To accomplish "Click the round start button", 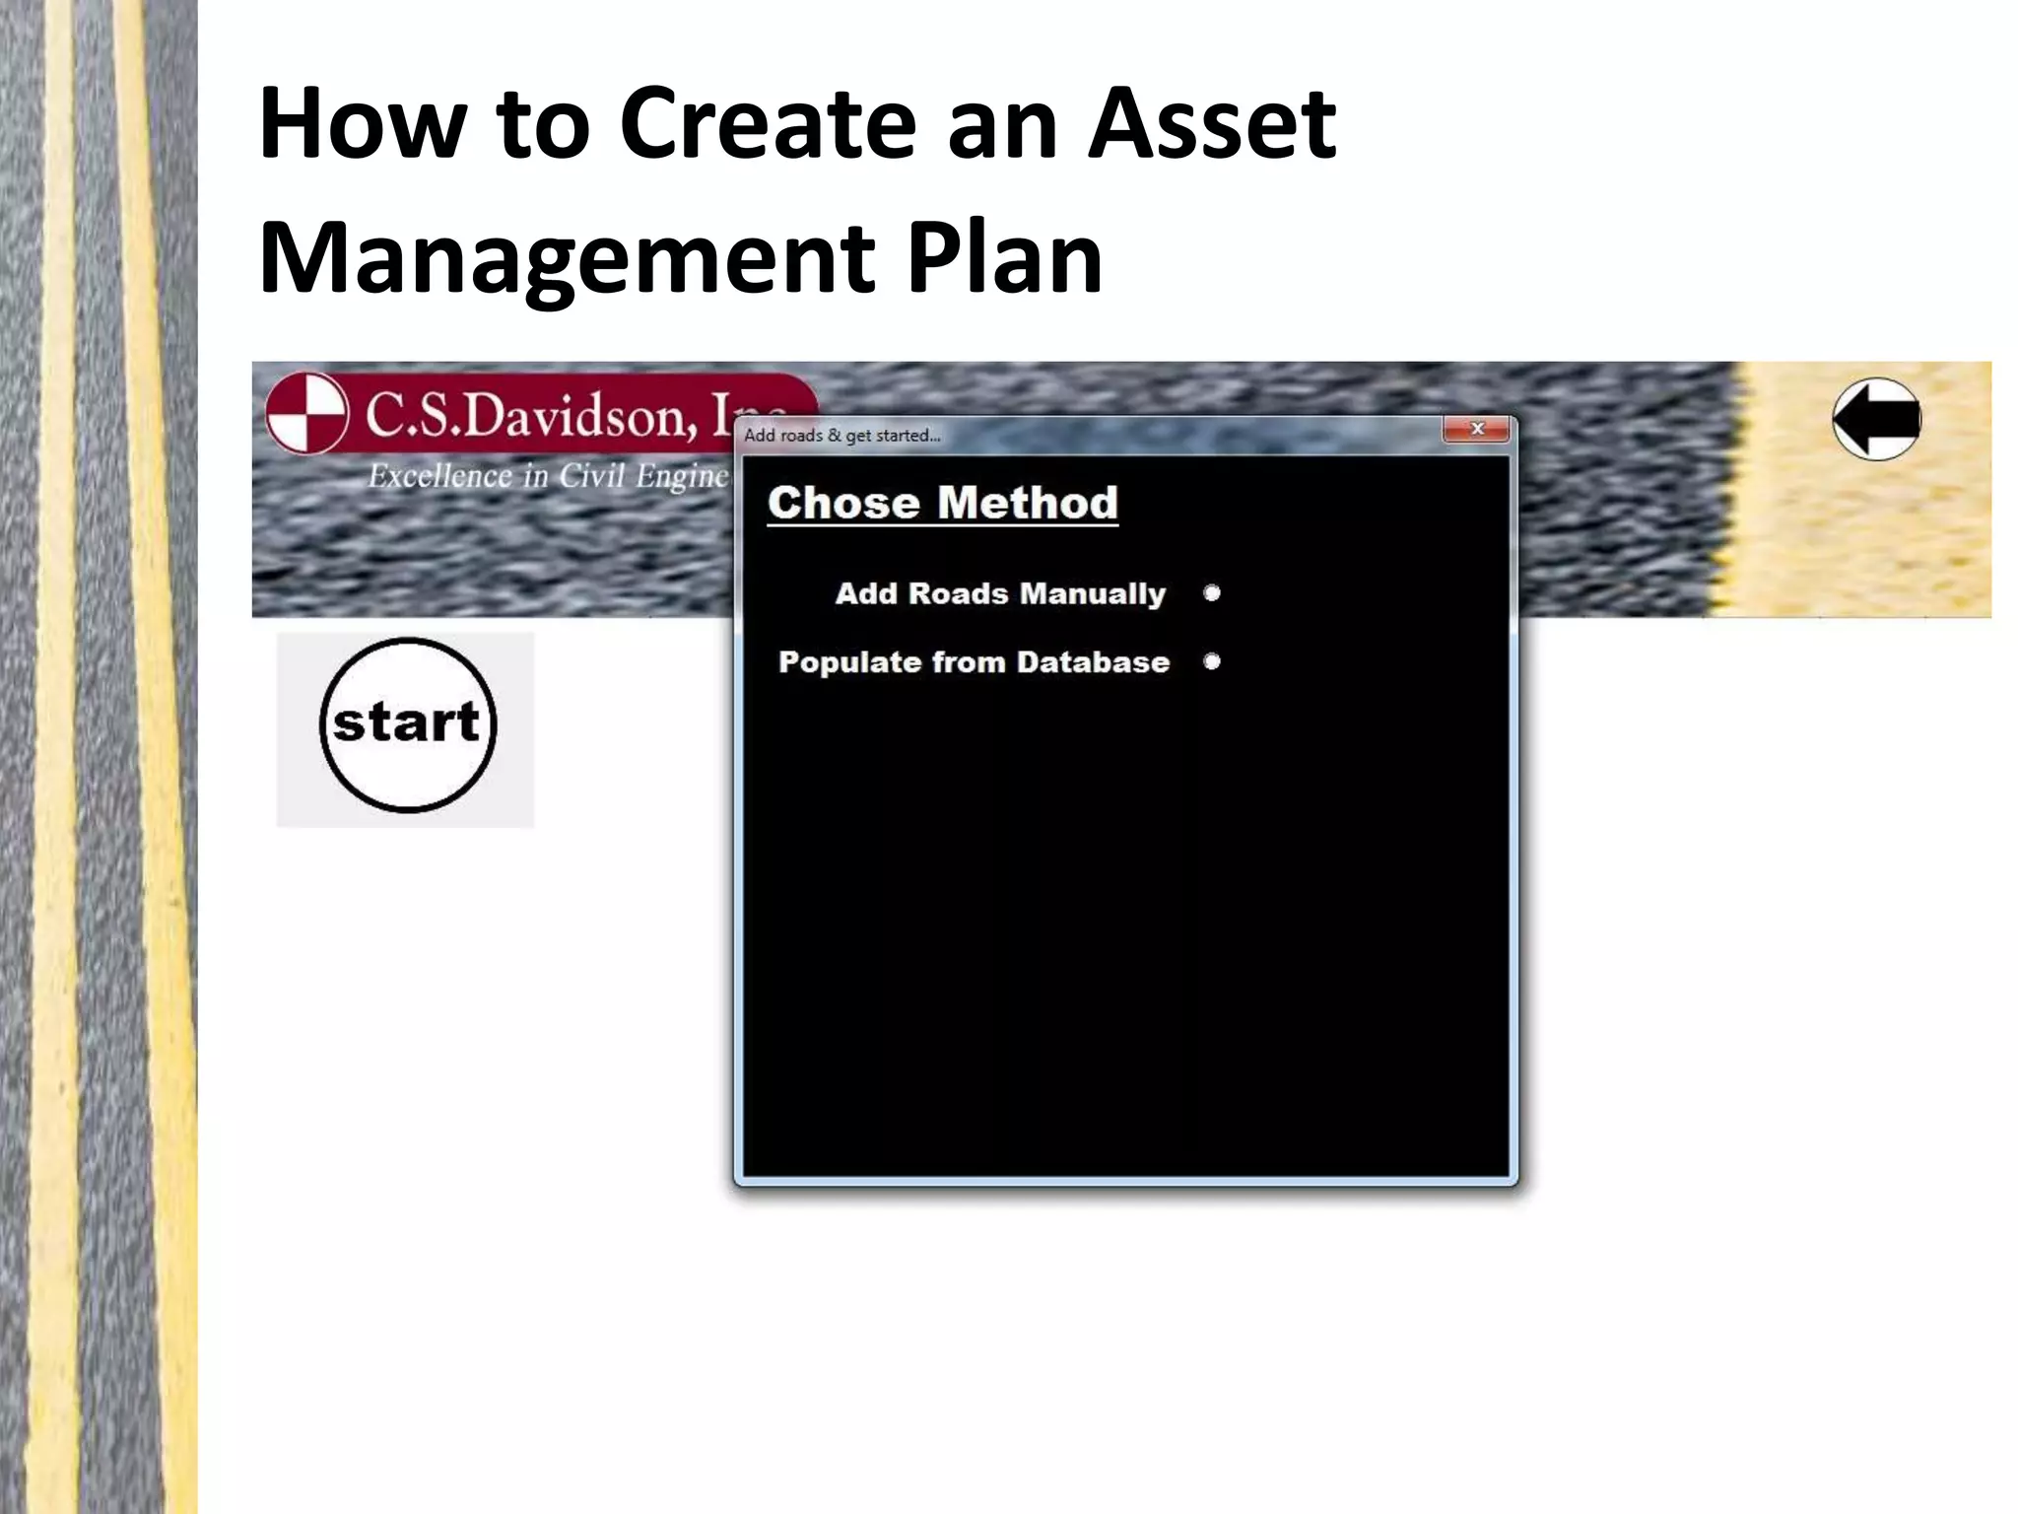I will pyautogui.click(x=407, y=725).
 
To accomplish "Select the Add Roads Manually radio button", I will pyautogui.click(x=1212, y=593).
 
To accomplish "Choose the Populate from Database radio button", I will pyautogui.click(x=1212, y=661).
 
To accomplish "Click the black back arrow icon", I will pyautogui.click(x=1876, y=419).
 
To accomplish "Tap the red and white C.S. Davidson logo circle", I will pyautogui.click(x=307, y=413).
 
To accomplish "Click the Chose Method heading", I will pyautogui.click(x=942, y=503).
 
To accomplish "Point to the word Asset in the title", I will pyautogui.click(x=1211, y=124).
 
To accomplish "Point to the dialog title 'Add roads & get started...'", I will pyautogui.click(x=841, y=436).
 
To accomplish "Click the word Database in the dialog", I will pyautogui.click(x=1093, y=661).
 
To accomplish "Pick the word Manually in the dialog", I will pyautogui.click(x=1093, y=593).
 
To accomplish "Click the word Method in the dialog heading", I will pyautogui.click(x=1028, y=503).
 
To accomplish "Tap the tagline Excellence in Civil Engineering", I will pyautogui.click(x=548, y=476).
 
